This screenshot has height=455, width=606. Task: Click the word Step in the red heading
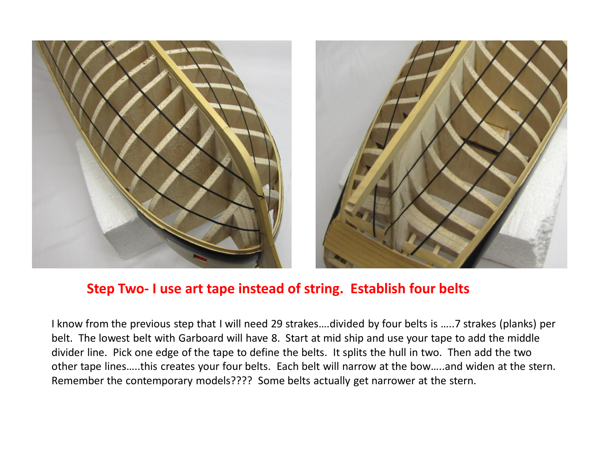tap(101, 289)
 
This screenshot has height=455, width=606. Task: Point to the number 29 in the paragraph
tap(276, 324)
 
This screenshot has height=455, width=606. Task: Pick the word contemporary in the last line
tap(159, 381)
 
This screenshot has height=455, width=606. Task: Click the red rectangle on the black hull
tap(200, 258)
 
